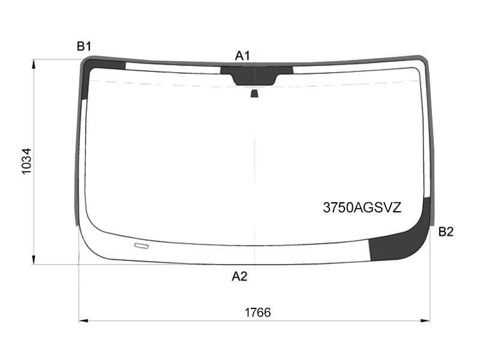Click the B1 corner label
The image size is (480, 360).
pos(84,47)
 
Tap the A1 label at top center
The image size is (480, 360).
pos(242,56)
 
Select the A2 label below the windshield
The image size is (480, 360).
pos(239,277)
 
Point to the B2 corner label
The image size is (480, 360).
pos(446,232)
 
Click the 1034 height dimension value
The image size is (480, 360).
pos(26,161)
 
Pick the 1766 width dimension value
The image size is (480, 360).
pos(257,313)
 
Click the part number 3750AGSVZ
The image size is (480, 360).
pos(362,208)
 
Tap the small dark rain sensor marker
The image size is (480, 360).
pos(254,94)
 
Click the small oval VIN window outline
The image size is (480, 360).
pos(142,246)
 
